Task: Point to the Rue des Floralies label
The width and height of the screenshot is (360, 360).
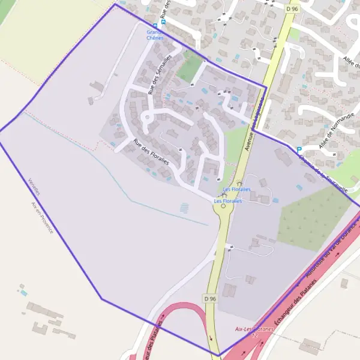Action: (151, 153)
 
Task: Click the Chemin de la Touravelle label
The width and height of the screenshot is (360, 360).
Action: (323, 172)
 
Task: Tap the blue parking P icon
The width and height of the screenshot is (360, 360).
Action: (299, 149)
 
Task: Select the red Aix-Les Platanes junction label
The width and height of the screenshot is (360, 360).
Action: (254, 329)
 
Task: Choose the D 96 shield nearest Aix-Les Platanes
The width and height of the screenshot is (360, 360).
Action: (209, 298)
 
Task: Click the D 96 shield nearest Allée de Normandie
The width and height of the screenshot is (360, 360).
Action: (292, 9)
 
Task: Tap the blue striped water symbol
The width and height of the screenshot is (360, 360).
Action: (184, 208)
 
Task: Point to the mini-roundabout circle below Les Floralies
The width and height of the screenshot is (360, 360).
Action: (223, 206)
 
